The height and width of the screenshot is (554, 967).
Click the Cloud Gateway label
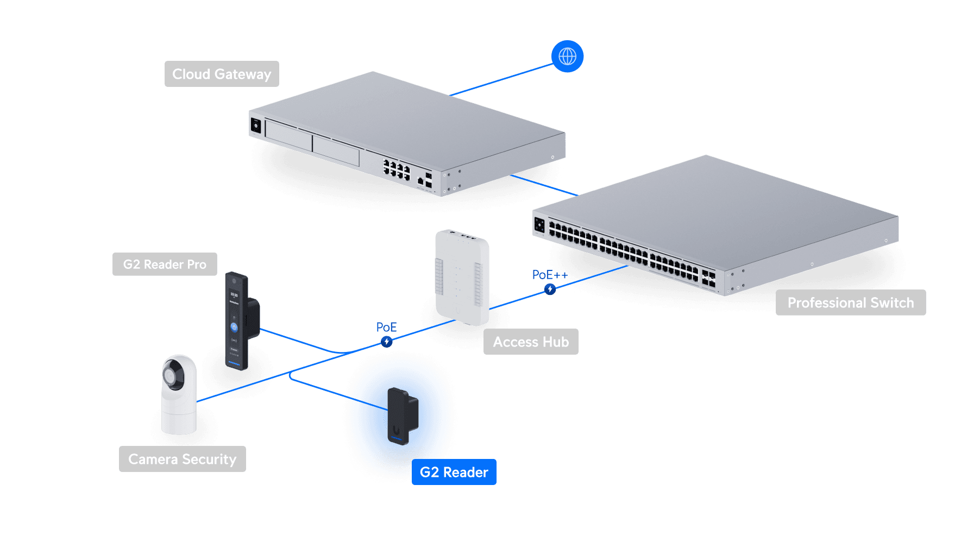click(222, 74)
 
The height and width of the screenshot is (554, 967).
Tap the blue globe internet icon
click(567, 56)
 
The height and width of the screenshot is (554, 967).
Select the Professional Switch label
click(850, 303)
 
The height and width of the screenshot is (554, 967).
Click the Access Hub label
click(531, 342)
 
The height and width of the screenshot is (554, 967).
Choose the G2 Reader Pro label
click(165, 264)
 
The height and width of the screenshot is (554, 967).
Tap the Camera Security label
click(182, 459)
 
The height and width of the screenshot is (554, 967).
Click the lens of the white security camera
click(172, 376)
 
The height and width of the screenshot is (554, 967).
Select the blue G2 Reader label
click(454, 472)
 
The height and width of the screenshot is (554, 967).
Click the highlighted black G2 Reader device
click(401, 416)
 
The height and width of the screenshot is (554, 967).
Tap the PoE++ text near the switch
click(549, 275)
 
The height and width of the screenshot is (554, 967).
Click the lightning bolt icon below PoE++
click(550, 289)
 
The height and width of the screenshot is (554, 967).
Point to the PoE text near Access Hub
click(386, 327)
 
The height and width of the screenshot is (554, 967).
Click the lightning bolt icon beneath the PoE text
click(386, 342)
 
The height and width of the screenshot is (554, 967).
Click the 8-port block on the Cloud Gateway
click(396, 169)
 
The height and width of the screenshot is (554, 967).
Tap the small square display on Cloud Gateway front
click(256, 125)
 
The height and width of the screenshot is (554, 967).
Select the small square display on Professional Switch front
click(539, 224)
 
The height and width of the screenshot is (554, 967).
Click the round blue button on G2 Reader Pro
click(234, 327)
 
